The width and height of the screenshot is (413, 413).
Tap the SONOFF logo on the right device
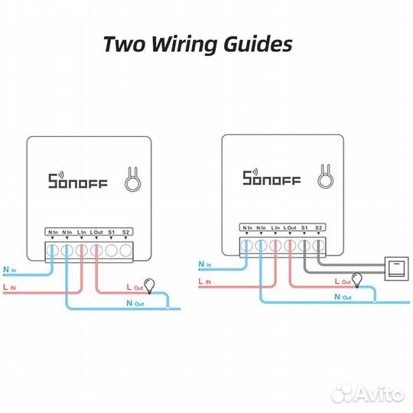272,177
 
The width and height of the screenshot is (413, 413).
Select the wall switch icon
396,268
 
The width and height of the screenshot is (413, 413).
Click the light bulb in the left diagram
149,286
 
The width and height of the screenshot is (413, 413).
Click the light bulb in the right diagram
357,280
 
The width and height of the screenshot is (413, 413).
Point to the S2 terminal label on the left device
125,232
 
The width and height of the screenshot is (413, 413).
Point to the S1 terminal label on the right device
304,228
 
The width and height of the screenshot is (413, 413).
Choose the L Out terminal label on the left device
96,232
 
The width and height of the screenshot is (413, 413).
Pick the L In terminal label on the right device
275,228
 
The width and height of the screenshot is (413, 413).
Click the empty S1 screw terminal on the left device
111,250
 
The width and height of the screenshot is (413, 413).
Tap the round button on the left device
133,183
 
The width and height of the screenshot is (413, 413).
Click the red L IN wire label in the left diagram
9,287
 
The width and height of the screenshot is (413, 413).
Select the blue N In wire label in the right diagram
205,264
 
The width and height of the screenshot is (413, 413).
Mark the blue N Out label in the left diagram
135,304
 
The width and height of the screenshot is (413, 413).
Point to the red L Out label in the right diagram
343,281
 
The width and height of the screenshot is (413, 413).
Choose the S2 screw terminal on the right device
318,246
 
